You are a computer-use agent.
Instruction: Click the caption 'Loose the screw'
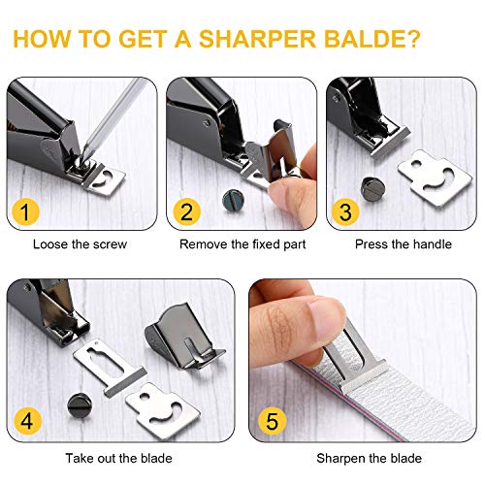80,244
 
